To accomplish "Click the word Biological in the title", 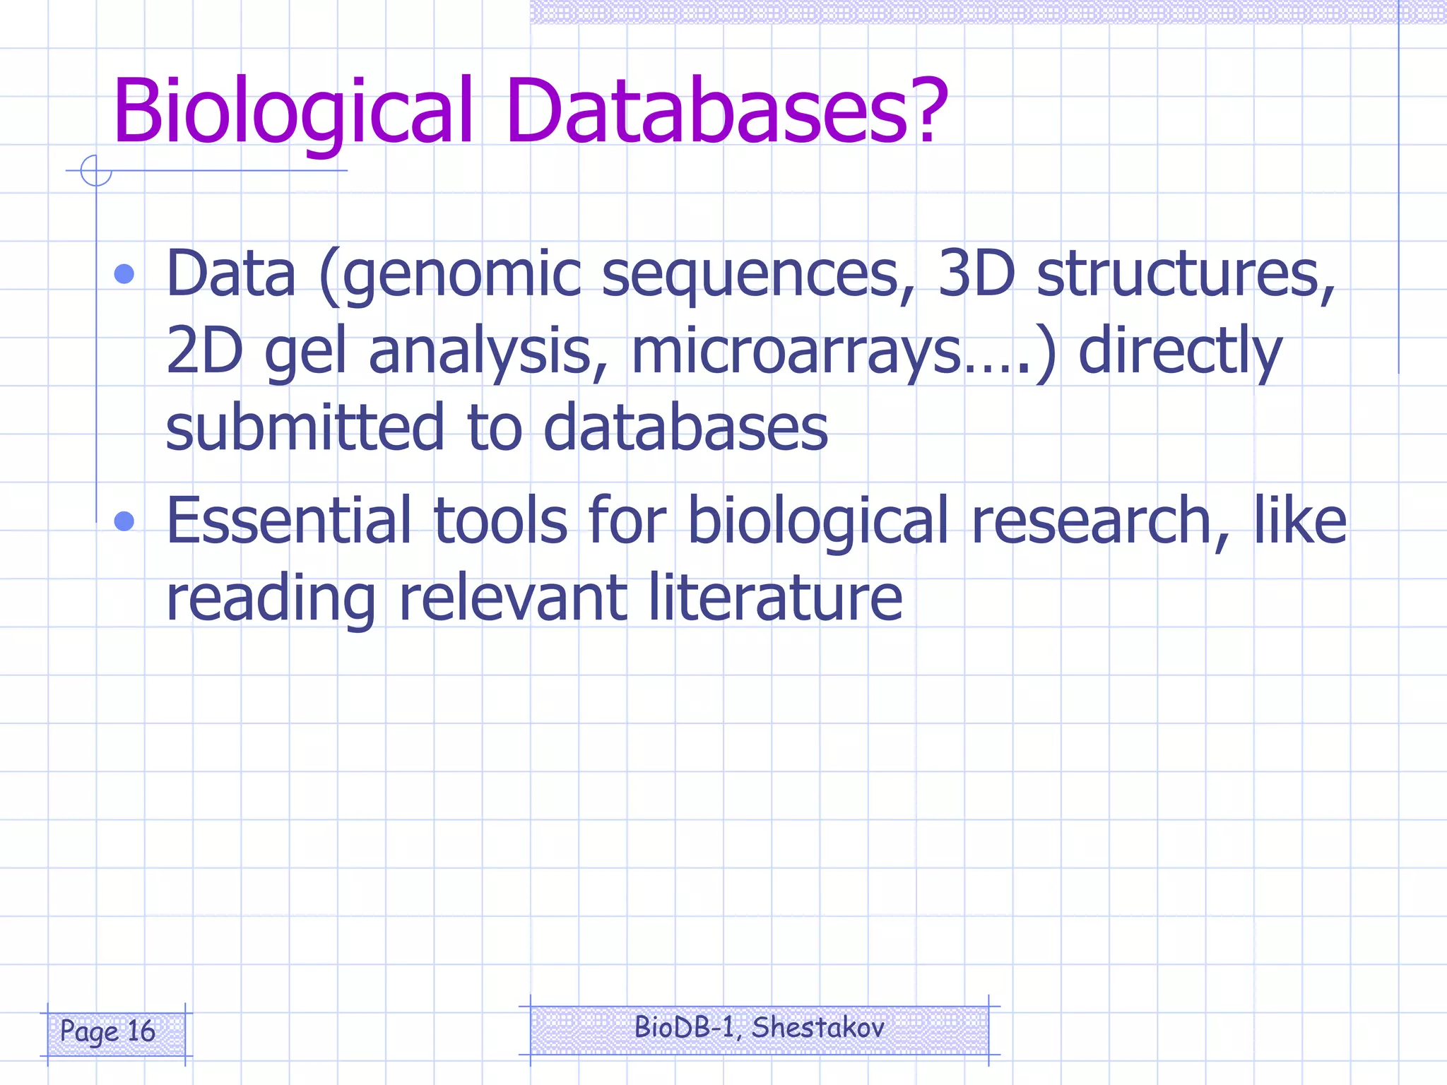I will pos(292,112).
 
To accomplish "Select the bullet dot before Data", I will pos(124,274).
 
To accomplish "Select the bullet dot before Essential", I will pos(124,521).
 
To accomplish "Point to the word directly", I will pos(1179,352).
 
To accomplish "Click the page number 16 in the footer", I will pos(141,1031).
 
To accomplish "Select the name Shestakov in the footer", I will pos(817,1027).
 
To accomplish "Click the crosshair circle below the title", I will pos(96,170).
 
